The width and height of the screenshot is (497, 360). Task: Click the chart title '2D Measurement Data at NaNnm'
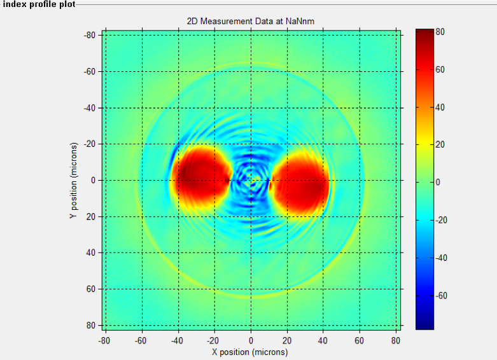click(251, 22)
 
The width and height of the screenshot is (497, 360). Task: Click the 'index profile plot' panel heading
click(39, 4)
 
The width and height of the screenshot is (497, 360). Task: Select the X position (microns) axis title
click(251, 352)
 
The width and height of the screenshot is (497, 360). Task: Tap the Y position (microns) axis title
click(73, 180)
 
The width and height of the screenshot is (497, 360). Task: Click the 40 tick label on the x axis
click(323, 341)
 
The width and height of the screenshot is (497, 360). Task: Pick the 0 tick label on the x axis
click(251, 341)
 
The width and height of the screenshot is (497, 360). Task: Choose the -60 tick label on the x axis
click(142, 341)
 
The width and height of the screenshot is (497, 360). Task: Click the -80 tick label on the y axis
click(90, 35)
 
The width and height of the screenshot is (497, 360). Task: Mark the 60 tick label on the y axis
click(91, 289)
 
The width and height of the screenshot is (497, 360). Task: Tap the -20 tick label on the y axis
click(90, 144)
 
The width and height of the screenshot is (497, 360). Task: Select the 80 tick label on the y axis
click(91, 326)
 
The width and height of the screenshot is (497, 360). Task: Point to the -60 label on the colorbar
click(441, 296)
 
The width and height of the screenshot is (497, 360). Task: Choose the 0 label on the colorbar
click(441, 183)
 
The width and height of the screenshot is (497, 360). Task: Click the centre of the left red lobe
click(200, 174)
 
